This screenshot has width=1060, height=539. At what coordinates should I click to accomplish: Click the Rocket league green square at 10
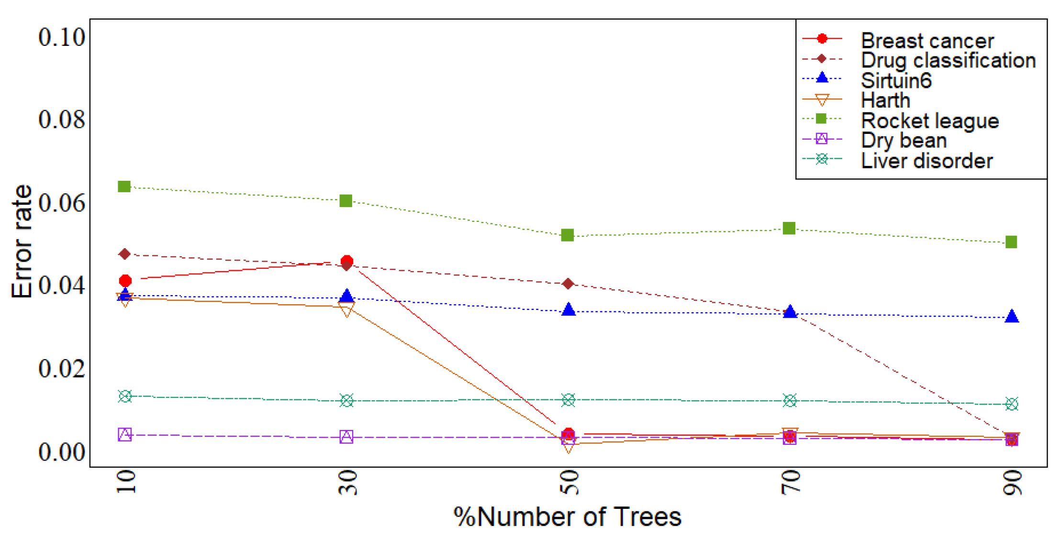pyautogui.click(x=124, y=186)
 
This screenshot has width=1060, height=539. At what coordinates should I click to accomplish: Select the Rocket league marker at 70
pyautogui.click(x=789, y=228)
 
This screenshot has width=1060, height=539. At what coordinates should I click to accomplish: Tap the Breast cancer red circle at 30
pyautogui.click(x=347, y=261)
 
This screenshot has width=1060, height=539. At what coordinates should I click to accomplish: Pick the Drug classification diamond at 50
pyautogui.click(x=568, y=284)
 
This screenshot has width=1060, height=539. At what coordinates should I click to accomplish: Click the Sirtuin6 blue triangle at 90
pyautogui.click(x=1011, y=316)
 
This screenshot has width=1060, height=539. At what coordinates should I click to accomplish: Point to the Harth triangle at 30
pyautogui.click(x=346, y=310)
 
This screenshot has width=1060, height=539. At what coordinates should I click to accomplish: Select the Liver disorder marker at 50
pyautogui.click(x=568, y=400)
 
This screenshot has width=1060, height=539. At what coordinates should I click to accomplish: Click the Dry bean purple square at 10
pyautogui.click(x=125, y=434)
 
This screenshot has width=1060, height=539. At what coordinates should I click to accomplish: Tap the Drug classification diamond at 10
pyautogui.click(x=124, y=254)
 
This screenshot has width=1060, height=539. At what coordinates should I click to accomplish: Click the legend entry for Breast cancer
pyautogui.click(x=927, y=41)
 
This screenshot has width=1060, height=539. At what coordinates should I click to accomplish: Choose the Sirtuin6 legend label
pyautogui.click(x=896, y=80)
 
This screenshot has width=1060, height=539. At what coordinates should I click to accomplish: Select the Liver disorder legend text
pyautogui.click(x=926, y=161)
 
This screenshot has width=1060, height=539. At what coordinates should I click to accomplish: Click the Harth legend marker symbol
pyautogui.click(x=822, y=100)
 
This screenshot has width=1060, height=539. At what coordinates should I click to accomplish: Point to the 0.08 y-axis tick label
pyautogui.click(x=62, y=120)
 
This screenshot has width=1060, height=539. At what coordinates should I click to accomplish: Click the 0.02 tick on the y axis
pyautogui.click(x=62, y=369)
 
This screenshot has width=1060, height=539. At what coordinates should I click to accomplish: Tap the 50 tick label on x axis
pyautogui.click(x=569, y=482)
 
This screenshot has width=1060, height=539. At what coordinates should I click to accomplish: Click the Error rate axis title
pyautogui.click(x=22, y=242)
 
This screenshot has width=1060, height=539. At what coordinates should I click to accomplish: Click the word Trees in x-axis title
pyautogui.click(x=647, y=517)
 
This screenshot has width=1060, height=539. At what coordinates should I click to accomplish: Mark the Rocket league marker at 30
pyautogui.click(x=346, y=201)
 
